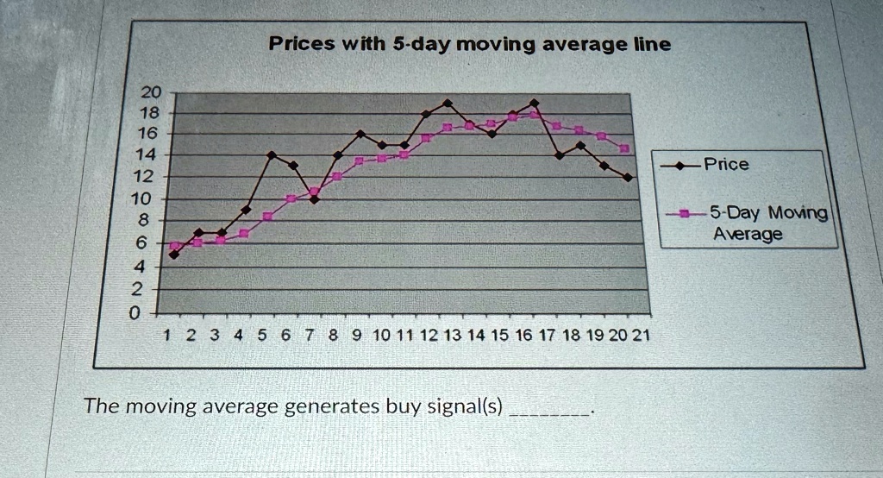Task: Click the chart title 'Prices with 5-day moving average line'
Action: [470, 43]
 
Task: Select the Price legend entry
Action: [705, 165]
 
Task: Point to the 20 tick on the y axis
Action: [150, 91]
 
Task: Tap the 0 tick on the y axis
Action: [134, 313]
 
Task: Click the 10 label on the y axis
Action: [141, 198]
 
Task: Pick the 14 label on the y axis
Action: [146, 154]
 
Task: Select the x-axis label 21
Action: [641, 336]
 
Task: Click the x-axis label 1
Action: [166, 336]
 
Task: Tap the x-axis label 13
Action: [452, 336]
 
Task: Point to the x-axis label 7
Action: [310, 336]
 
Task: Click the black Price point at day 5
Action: [272, 155]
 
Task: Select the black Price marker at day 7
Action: [314, 199]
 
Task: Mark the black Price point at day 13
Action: [448, 104]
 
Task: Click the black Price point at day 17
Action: [559, 155]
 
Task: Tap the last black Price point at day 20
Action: [628, 177]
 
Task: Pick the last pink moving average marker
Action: [624, 148]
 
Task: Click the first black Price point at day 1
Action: [174, 255]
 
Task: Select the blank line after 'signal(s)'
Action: [549, 414]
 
